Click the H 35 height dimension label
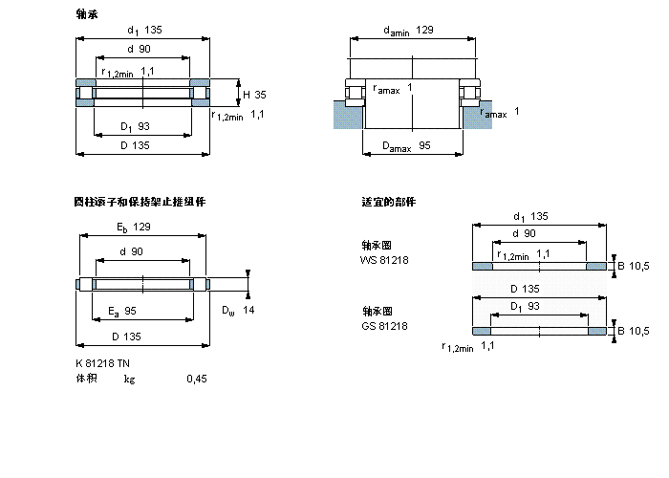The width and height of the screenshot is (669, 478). point(254,95)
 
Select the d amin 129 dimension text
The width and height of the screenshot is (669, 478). point(408,31)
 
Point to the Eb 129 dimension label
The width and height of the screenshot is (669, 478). point(133,227)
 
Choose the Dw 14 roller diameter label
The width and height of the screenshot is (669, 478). point(238,310)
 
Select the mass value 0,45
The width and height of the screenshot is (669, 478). point(196,379)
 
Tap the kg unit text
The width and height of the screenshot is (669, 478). point(129,379)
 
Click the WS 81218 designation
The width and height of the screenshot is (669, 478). point(383,259)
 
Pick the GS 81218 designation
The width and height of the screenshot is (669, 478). point(383,326)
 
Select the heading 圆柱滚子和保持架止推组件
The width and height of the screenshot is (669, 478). point(140,202)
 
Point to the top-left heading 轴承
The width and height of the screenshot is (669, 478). point(86,14)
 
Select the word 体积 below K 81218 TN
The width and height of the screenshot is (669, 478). point(86,379)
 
